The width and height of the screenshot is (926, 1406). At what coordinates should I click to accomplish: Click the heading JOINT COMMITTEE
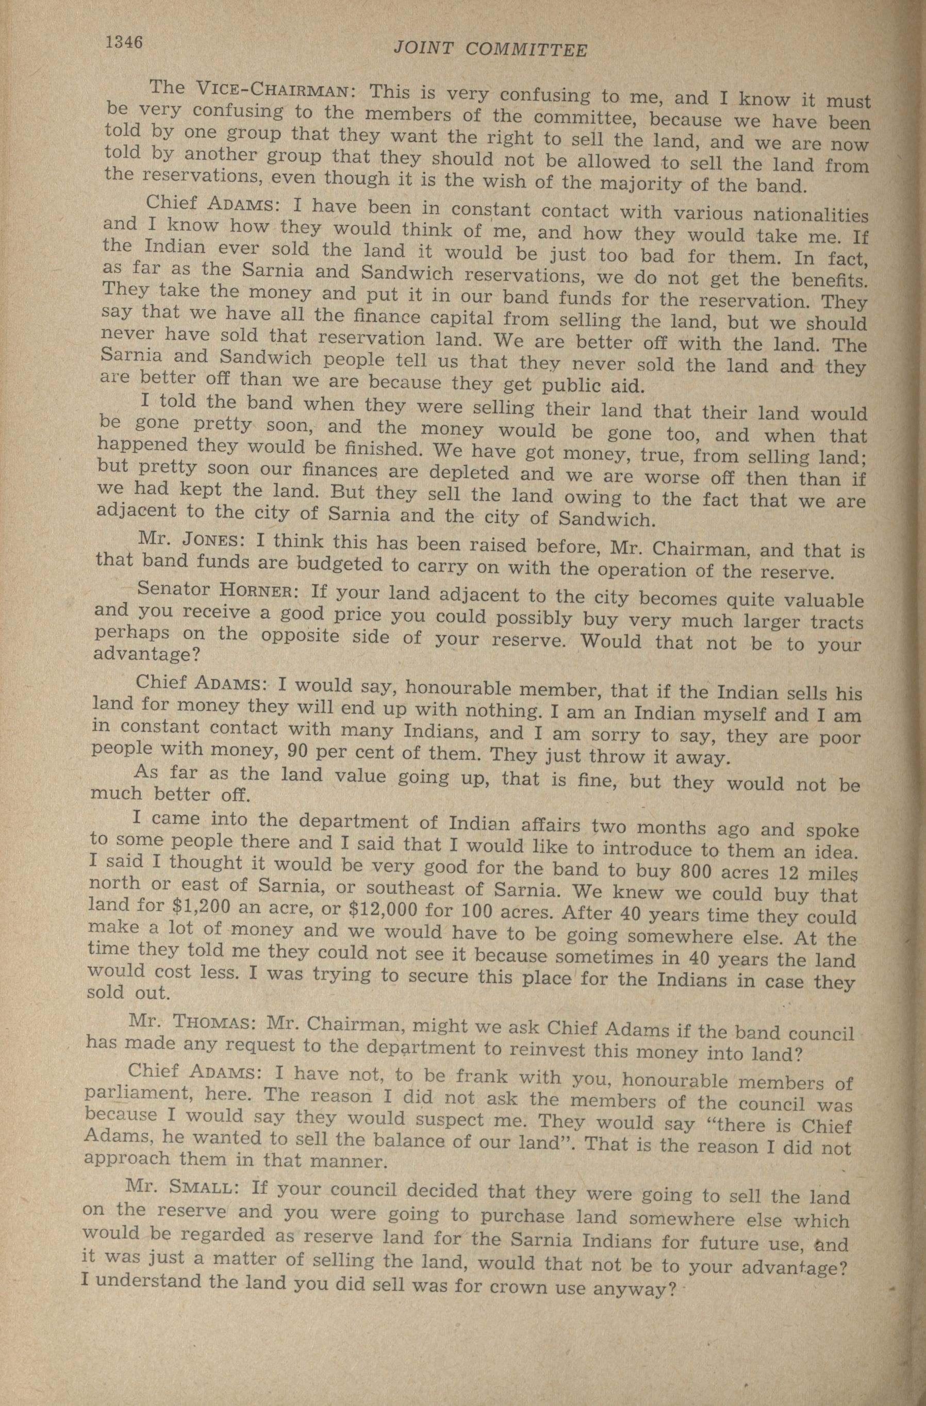[490, 50]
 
